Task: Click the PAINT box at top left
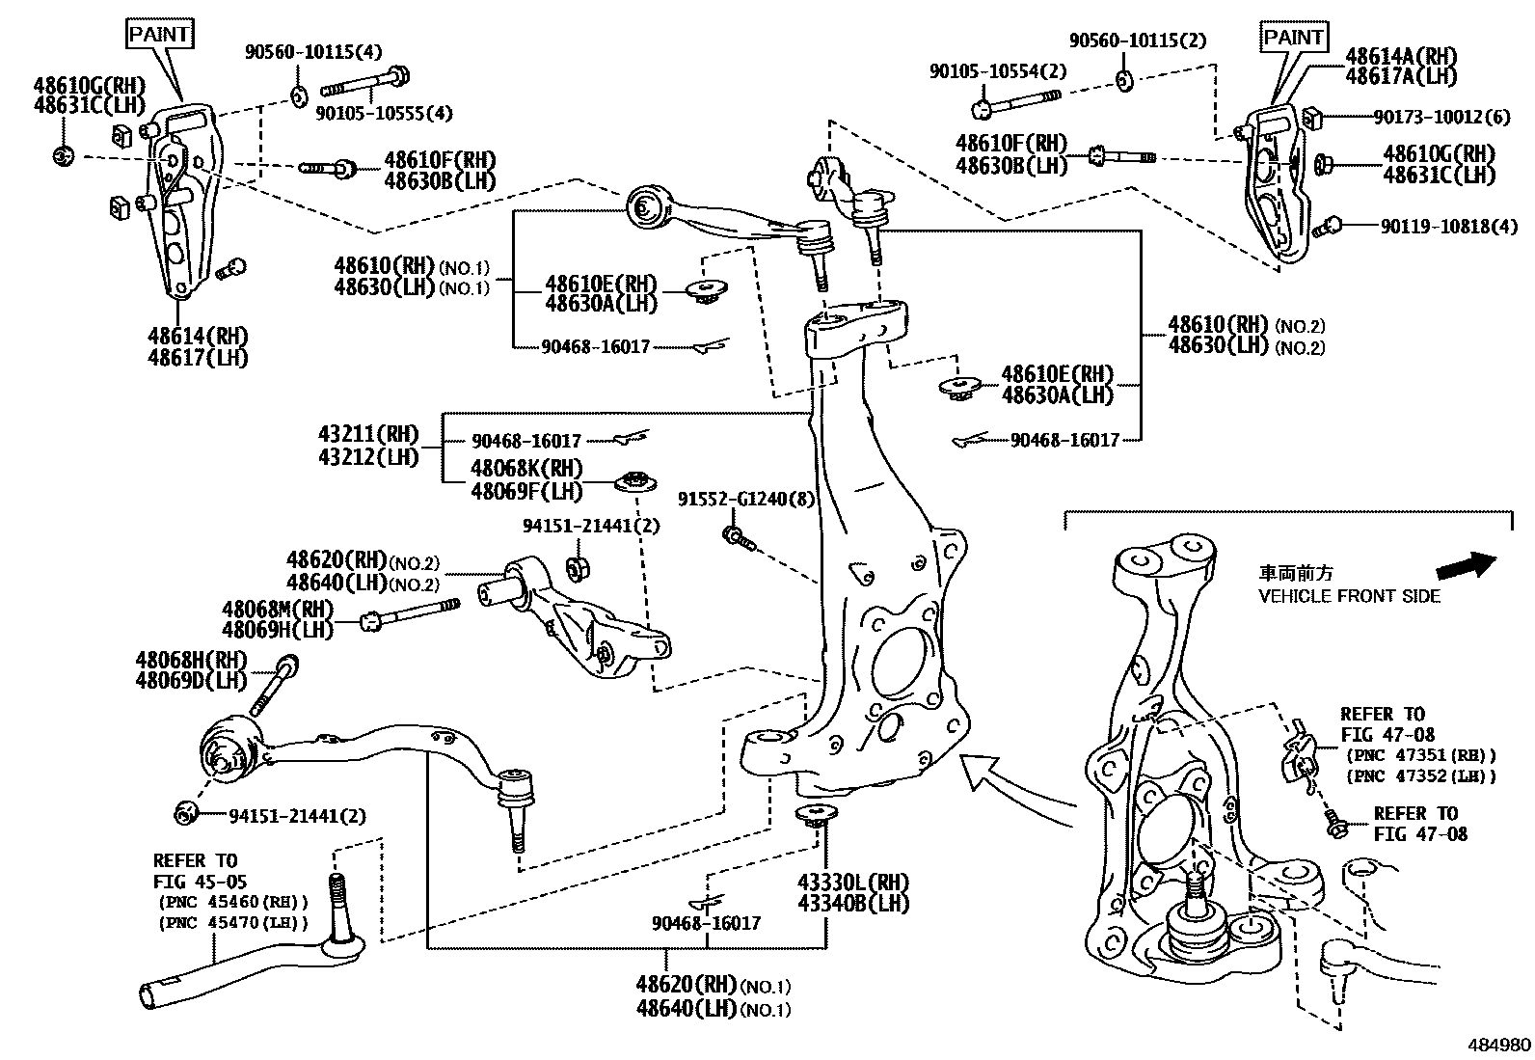[161, 34]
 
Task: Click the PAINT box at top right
[1293, 38]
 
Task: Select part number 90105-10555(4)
[384, 113]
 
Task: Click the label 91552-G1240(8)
[745, 499]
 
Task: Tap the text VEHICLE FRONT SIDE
[1349, 597]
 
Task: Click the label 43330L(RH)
[852, 883]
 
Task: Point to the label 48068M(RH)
[277, 609]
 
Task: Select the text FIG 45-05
[200, 881]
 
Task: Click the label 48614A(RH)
[1401, 56]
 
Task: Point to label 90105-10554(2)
[998, 71]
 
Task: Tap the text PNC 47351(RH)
[1421, 755]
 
